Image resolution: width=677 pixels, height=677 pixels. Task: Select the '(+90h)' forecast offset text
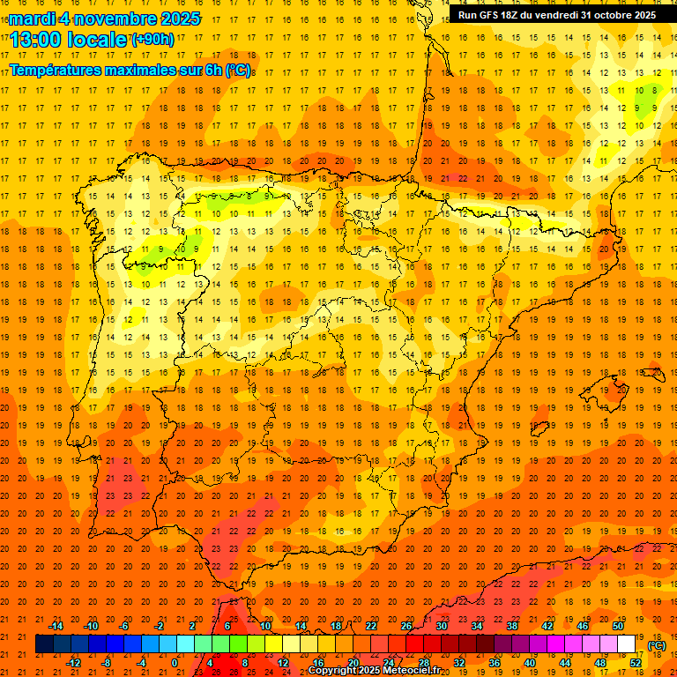tap(153, 39)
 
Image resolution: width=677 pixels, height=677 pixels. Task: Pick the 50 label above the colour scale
tap(618, 626)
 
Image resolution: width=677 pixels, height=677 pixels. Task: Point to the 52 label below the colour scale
tap(636, 663)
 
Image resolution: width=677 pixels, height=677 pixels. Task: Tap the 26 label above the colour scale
tap(406, 626)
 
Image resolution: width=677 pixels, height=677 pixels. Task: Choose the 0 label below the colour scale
tap(175, 663)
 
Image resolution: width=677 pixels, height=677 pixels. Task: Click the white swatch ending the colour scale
tap(627, 644)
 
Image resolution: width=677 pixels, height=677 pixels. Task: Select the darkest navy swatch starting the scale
tap(45, 644)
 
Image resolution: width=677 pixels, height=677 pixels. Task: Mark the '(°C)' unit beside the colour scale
tap(658, 645)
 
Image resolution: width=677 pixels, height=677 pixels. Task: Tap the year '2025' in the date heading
tap(175, 19)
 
